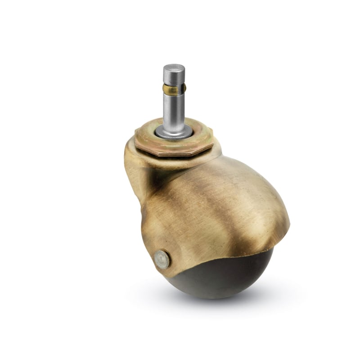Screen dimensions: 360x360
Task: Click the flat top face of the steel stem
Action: (174, 67)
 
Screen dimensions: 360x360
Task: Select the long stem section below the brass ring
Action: (173, 110)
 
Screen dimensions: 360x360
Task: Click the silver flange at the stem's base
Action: (173, 132)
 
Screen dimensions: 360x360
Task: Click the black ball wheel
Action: (216, 279)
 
